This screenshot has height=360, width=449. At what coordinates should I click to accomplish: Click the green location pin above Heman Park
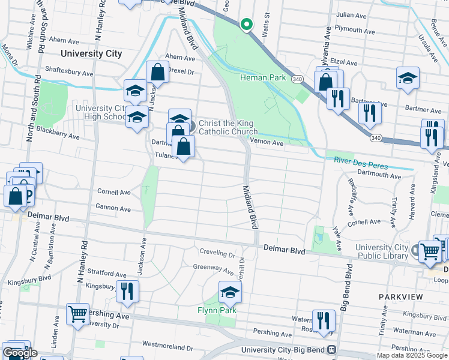[x=246, y=25]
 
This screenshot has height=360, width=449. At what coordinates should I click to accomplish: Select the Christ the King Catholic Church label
[x=228, y=127]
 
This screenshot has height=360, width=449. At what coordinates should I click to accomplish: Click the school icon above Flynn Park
[x=229, y=292]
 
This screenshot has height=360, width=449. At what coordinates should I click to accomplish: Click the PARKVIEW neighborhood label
[x=401, y=297]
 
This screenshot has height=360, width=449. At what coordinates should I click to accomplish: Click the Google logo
[x=20, y=353]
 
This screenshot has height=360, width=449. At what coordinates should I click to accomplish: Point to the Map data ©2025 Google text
[x=412, y=355]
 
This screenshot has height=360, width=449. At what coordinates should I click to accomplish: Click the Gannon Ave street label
[x=113, y=209]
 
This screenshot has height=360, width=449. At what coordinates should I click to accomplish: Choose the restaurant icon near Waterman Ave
[x=324, y=320]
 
